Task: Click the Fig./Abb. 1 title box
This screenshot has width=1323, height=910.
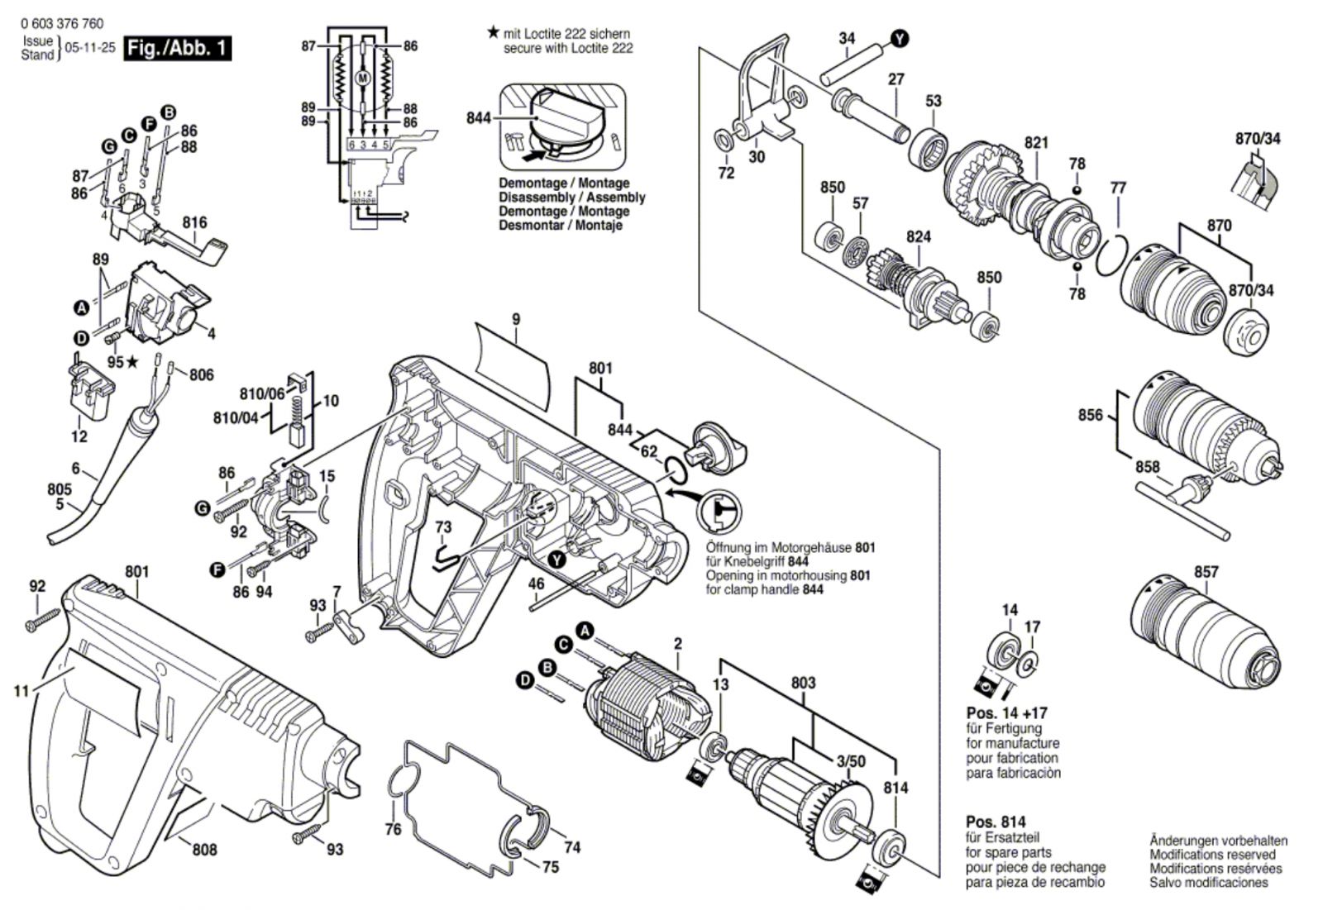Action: (x=177, y=48)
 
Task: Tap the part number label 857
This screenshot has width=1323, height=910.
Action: (x=1206, y=572)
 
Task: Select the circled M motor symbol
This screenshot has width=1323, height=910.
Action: (x=363, y=78)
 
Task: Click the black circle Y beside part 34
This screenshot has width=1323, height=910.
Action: (x=900, y=39)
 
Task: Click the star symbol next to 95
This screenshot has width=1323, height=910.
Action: (x=132, y=361)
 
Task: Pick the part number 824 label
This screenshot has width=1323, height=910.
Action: (x=919, y=237)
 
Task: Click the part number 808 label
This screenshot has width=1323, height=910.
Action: (x=204, y=849)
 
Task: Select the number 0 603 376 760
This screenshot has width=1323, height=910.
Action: (x=62, y=24)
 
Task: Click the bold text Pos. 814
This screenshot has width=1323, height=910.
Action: (x=996, y=822)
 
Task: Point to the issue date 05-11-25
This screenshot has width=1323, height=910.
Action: (x=90, y=48)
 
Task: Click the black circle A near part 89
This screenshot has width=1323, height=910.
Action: (x=81, y=307)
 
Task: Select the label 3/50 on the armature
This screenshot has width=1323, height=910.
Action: (x=851, y=762)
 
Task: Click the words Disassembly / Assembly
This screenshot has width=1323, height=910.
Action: (x=571, y=198)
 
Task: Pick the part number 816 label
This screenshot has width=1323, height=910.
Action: (x=195, y=222)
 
